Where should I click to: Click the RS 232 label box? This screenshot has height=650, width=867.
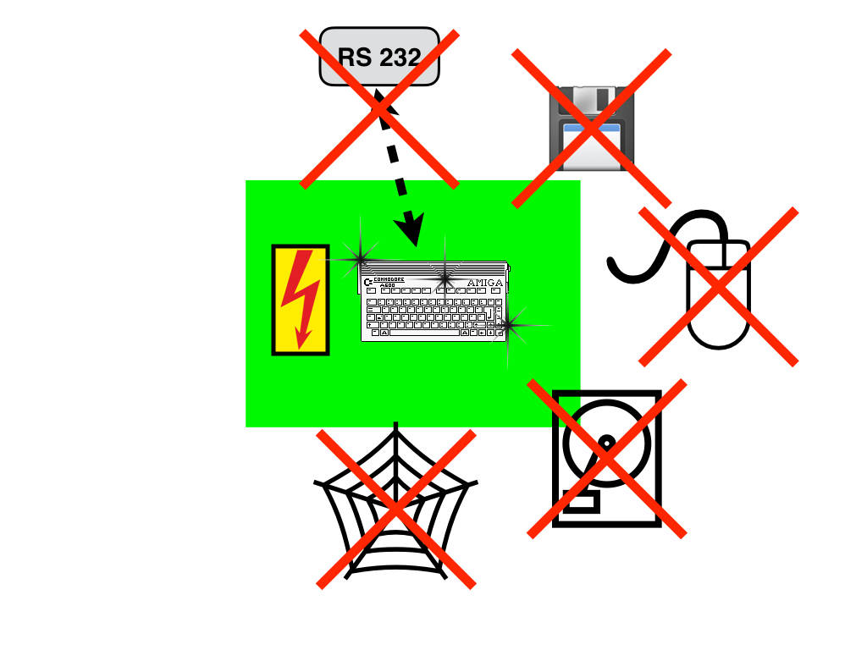coord(379,56)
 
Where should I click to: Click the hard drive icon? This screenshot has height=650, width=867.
coord(606,460)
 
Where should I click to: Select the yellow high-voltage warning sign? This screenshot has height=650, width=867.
coord(300,300)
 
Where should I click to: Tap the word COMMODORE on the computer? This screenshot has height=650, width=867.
coord(389,279)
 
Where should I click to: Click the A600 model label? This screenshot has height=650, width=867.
coord(390,286)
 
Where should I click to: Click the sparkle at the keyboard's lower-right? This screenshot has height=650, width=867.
coord(508,325)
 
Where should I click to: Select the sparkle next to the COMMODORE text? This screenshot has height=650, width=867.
coord(445,278)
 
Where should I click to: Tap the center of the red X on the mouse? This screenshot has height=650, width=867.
coord(718,287)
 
